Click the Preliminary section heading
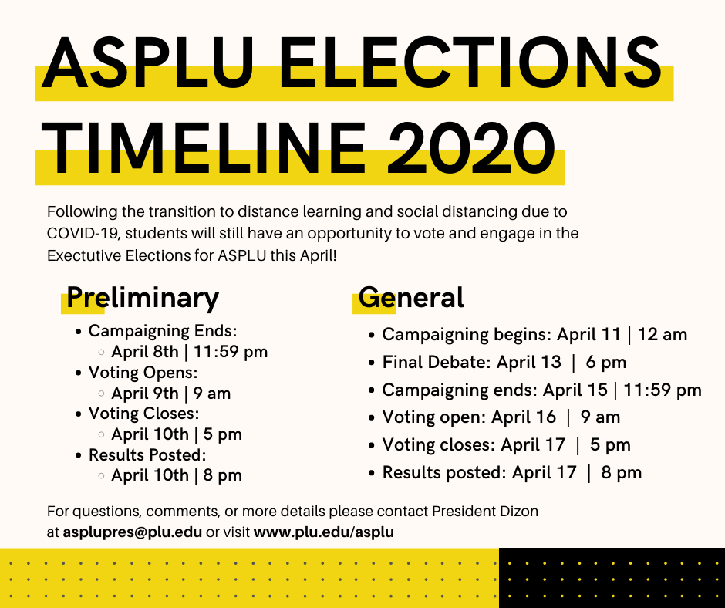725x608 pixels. coord(143,298)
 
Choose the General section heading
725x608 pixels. coord(412,298)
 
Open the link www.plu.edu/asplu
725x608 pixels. coord(324,532)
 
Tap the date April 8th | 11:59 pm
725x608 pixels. coord(190,353)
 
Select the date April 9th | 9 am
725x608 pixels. coord(171,394)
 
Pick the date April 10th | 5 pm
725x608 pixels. coord(177,434)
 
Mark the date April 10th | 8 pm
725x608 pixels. coord(177,475)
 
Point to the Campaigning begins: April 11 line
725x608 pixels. coord(534,335)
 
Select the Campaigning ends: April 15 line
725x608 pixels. coord(541,390)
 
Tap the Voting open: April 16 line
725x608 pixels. coord(501,417)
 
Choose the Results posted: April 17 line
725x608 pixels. coord(512,472)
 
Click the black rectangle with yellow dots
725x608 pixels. coord(612,578)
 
